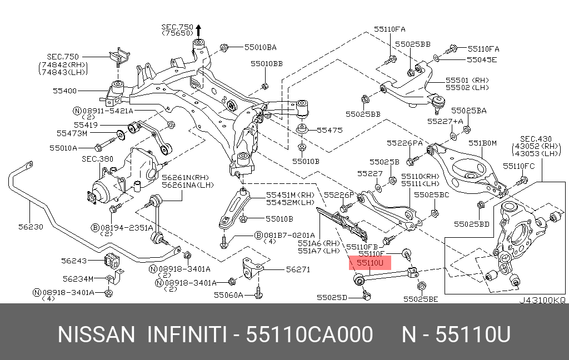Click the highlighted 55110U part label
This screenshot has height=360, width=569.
(x=370, y=263)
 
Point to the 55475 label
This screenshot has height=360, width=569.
(x=330, y=130)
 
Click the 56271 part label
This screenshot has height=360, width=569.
(x=299, y=269)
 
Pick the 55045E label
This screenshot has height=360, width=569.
(x=481, y=59)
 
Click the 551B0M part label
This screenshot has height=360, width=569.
(x=482, y=143)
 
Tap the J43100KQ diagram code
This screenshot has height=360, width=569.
(x=542, y=299)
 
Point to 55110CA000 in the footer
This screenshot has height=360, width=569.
(x=310, y=336)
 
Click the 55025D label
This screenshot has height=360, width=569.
(x=332, y=298)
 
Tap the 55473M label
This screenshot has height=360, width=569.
(x=72, y=133)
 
